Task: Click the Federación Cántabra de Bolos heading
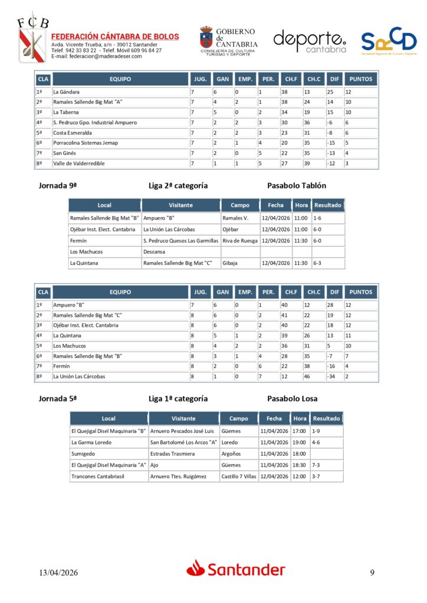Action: click(115, 37)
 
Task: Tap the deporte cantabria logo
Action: click(310, 41)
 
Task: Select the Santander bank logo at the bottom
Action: click(236, 569)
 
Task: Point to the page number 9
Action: click(372, 572)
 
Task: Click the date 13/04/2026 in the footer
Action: click(58, 573)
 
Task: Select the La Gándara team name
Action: click(66, 92)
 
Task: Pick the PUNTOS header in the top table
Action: click(360, 79)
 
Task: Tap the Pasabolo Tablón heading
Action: click(296, 185)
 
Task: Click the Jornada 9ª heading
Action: click(58, 185)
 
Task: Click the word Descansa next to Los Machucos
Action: click(155, 252)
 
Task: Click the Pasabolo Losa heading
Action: click(292, 399)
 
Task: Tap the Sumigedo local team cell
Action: click(83, 454)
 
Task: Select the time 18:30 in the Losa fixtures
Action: click(299, 465)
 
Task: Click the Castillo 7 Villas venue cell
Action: click(239, 476)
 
